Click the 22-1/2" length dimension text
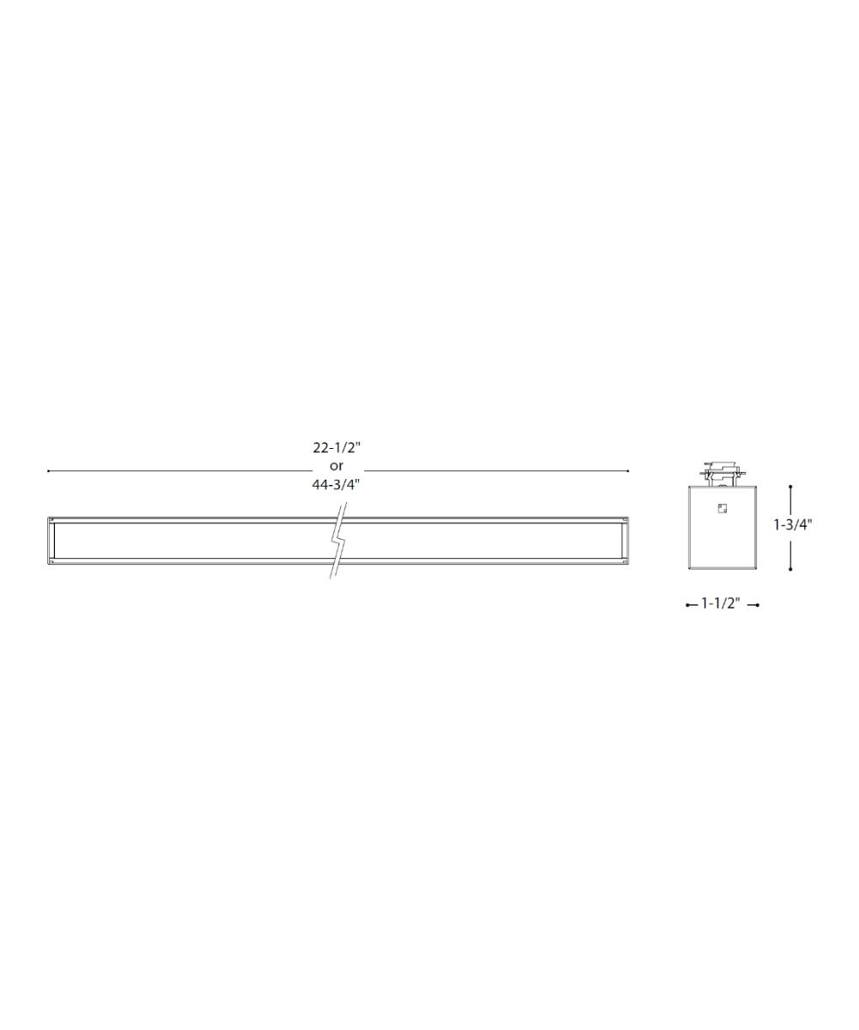click(x=337, y=448)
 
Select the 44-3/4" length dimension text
click(x=336, y=484)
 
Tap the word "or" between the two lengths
click(x=336, y=466)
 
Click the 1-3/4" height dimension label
click(x=792, y=524)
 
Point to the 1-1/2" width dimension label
click(x=721, y=603)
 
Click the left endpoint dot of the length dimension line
click(x=48, y=471)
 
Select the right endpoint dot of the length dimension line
click(x=628, y=471)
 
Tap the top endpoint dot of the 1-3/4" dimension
click(x=790, y=487)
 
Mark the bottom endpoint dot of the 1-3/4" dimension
click(x=790, y=569)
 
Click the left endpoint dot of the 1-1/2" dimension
click(x=687, y=605)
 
